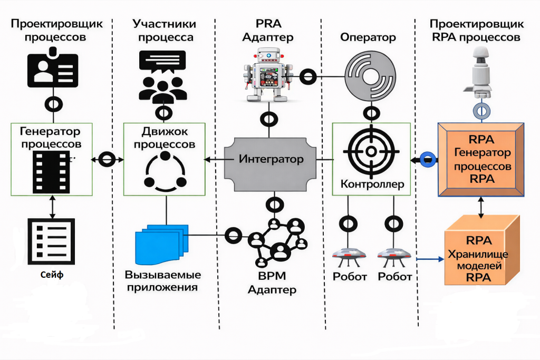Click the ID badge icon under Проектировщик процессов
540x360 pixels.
[x=53, y=69]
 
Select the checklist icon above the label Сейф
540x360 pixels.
[x=51, y=240]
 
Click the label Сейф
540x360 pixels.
[x=51, y=275]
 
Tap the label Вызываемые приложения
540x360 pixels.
[x=163, y=281]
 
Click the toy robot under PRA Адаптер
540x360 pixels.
[x=268, y=75]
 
